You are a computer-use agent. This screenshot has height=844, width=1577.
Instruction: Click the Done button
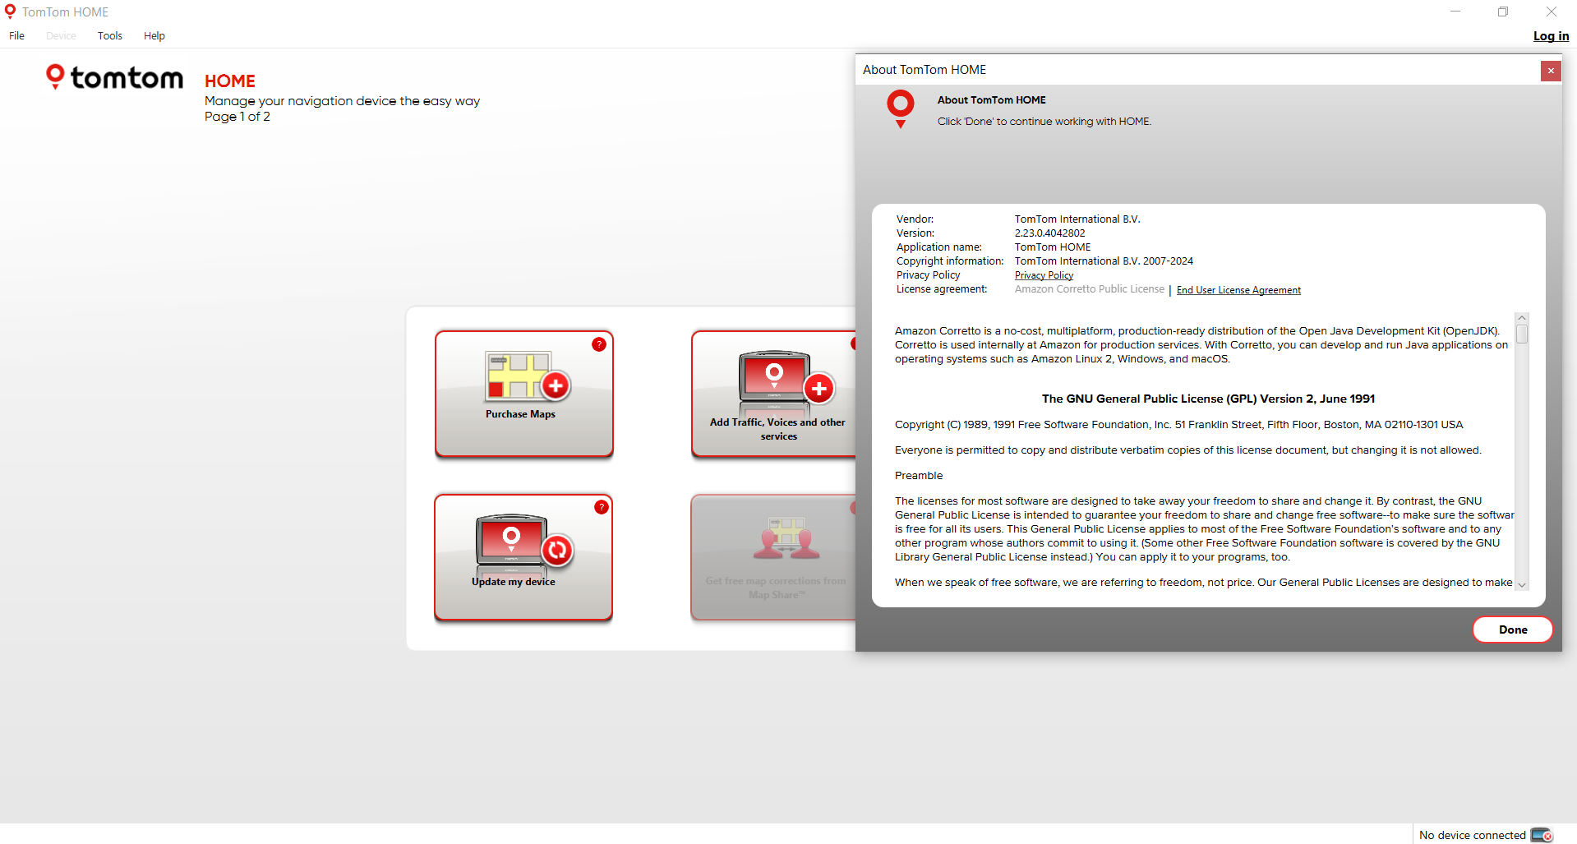click(x=1512, y=630)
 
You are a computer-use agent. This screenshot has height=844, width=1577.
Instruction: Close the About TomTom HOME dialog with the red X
click(x=1550, y=71)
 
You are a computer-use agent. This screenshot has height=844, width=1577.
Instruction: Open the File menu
click(x=17, y=36)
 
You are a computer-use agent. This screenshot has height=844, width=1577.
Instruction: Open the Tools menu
click(x=110, y=36)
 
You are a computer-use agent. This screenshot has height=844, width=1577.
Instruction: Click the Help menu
click(x=154, y=36)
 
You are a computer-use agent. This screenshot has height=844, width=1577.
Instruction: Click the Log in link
click(x=1551, y=36)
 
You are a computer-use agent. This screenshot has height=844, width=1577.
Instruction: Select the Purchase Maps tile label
click(x=520, y=414)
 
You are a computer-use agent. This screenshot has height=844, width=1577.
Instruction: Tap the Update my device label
click(x=514, y=582)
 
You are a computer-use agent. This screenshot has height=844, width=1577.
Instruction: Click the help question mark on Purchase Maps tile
click(x=599, y=344)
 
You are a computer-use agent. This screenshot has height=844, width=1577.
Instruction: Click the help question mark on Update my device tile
click(x=602, y=507)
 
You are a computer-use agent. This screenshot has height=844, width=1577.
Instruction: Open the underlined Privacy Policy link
click(x=1044, y=276)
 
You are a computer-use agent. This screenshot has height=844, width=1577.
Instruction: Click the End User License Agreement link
click(x=1238, y=290)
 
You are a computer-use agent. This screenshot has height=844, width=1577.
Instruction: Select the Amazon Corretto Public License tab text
click(x=1089, y=289)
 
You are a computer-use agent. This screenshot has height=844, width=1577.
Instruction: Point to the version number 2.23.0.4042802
click(x=1049, y=233)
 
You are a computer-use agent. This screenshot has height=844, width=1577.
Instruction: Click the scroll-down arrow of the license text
click(x=1522, y=584)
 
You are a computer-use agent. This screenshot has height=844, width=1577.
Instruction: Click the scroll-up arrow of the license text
click(x=1522, y=318)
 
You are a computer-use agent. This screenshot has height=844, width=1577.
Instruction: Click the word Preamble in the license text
click(x=919, y=476)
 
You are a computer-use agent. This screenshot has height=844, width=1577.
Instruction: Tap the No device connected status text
click(x=1472, y=835)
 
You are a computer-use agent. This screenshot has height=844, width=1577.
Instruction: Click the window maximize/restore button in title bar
click(x=1503, y=12)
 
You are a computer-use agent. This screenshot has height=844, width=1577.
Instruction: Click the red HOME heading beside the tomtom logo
click(x=230, y=81)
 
